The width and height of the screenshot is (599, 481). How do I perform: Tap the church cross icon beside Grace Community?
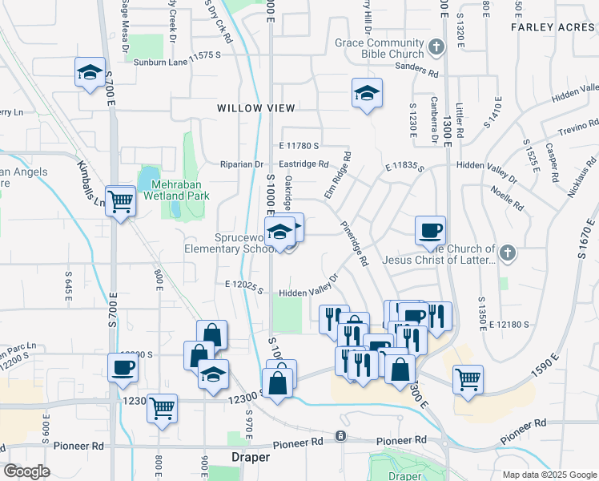tap(436, 47)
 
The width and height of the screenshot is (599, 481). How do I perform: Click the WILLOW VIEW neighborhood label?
tap(255, 107)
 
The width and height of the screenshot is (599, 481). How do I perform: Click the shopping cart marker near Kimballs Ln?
tap(120, 201)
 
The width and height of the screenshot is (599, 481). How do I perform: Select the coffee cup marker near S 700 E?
tap(123, 367)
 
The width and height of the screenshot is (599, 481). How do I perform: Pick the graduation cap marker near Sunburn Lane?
tap(90, 72)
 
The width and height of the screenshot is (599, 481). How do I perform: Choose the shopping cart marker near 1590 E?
tap(468, 378)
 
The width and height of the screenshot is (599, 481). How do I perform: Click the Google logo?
tap(27, 471)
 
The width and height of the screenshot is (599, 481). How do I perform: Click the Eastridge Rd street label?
tap(305, 164)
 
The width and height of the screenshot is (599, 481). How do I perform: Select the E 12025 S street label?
tap(244, 285)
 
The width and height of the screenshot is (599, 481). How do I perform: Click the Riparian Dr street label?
tap(243, 164)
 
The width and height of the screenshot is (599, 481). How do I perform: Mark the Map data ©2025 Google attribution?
tap(549, 475)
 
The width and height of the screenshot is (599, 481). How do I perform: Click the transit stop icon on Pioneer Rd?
tap(340, 435)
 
